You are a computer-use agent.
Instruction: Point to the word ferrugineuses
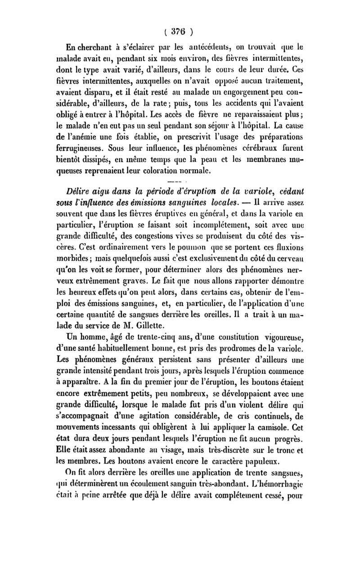pos(87,148)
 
